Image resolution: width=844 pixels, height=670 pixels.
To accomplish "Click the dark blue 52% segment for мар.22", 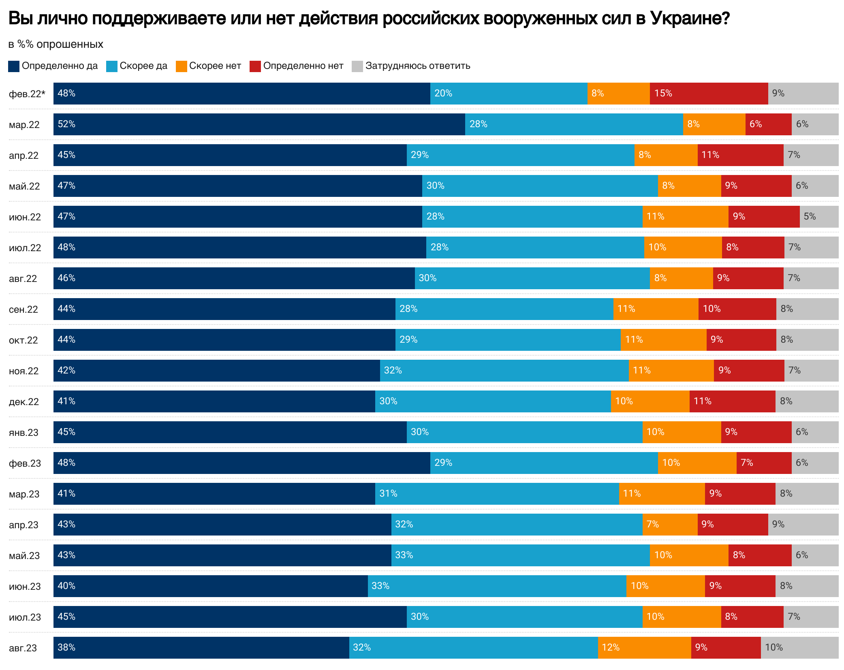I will point(259,124).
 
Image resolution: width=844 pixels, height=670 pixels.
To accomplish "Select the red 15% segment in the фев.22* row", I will point(709,94).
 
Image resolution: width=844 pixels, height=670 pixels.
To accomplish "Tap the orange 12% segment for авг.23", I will point(644,648).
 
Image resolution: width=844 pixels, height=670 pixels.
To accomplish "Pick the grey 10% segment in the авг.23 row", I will point(799,648).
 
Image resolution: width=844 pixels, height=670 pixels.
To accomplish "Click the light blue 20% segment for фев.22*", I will point(509,94).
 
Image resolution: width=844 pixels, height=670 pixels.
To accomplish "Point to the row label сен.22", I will point(24,309).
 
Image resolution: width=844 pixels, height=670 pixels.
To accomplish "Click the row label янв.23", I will point(24,433).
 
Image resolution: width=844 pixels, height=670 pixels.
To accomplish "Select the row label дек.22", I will point(24,402).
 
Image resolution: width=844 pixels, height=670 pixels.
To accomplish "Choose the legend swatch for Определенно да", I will point(14,66).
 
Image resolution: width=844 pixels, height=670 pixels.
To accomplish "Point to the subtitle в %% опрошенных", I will point(56,44).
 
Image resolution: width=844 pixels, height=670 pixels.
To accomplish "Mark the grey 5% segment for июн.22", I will point(819,217).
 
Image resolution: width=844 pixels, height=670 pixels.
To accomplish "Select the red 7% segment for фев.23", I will point(764,463).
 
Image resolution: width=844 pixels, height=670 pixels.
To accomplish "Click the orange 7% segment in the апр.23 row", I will point(670,525).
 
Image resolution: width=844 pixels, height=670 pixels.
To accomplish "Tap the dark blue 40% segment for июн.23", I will point(211,586).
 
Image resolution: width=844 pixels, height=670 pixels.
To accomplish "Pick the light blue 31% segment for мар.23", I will point(497,494).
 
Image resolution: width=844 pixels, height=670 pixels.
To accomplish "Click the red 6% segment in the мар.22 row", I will point(768,124).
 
